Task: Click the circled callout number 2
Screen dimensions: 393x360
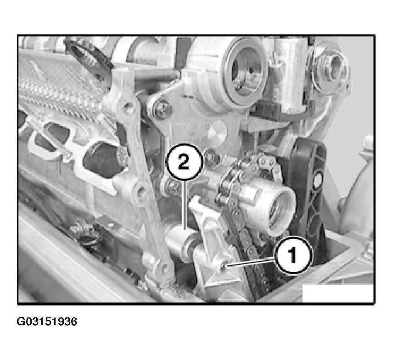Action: coord(184,162)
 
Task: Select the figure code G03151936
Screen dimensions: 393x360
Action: coord(47,321)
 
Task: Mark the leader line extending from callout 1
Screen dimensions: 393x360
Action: coord(251,262)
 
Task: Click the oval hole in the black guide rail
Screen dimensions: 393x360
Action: coord(318,180)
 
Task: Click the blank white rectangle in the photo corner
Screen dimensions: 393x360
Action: coord(338,293)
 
